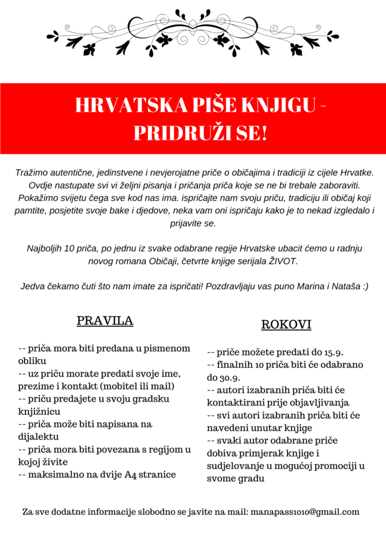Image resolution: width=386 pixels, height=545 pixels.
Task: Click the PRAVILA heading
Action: (105, 321)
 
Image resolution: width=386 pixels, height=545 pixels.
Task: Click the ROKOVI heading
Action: (286, 325)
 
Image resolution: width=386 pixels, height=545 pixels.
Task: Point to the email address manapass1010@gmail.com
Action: (305, 512)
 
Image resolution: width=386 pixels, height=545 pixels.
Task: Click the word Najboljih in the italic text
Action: (45, 249)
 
